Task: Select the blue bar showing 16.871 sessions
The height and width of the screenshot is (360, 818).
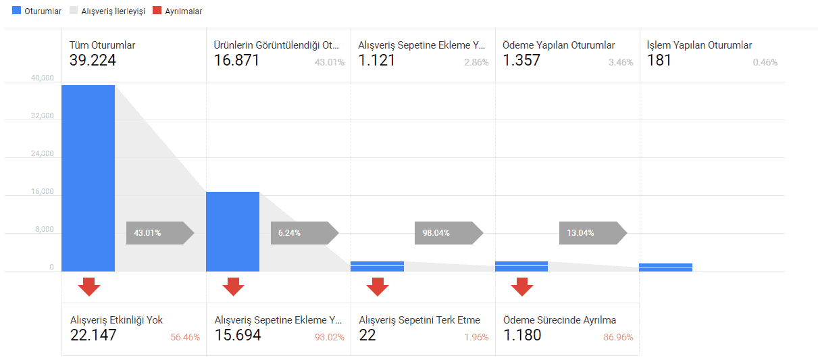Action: click(x=232, y=231)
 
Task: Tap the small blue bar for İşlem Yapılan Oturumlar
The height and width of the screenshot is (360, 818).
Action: click(x=665, y=267)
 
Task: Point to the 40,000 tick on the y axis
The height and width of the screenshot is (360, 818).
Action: click(x=42, y=78)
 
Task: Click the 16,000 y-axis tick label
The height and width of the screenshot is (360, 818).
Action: click(x=42, y=192)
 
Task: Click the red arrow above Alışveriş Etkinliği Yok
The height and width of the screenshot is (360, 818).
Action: click(x=88, y=286)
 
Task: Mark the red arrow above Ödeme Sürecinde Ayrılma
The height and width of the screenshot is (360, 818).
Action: click(x=521, y=286)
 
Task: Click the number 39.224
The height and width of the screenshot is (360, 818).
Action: click(x=93, y=60)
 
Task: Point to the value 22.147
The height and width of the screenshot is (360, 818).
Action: click(x=93, y=335)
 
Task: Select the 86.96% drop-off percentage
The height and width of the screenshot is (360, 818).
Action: click(x=618, y=337)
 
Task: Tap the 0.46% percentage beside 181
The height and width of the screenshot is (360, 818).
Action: click(x=765, y=62)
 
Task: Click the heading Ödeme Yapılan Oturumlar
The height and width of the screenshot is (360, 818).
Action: click(x=559, y=45)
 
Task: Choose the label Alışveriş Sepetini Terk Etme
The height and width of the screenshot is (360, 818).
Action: click(x=419, y=320)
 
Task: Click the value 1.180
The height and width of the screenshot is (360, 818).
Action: click(x=522, y=335)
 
